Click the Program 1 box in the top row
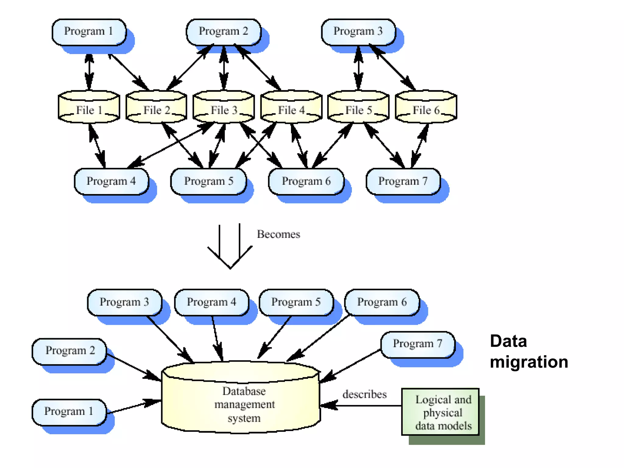tap(89, 32)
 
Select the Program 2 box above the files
tap(223, 32)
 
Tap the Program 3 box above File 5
tap(358, 32)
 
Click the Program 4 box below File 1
tap(111, 181)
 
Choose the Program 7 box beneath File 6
tap(403, 181)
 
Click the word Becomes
tap(278, 234)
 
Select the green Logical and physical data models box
tap(440, 412)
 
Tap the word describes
tap(364, 394)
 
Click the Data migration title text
tap(529, 351)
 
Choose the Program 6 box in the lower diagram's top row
tap(382, 302)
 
